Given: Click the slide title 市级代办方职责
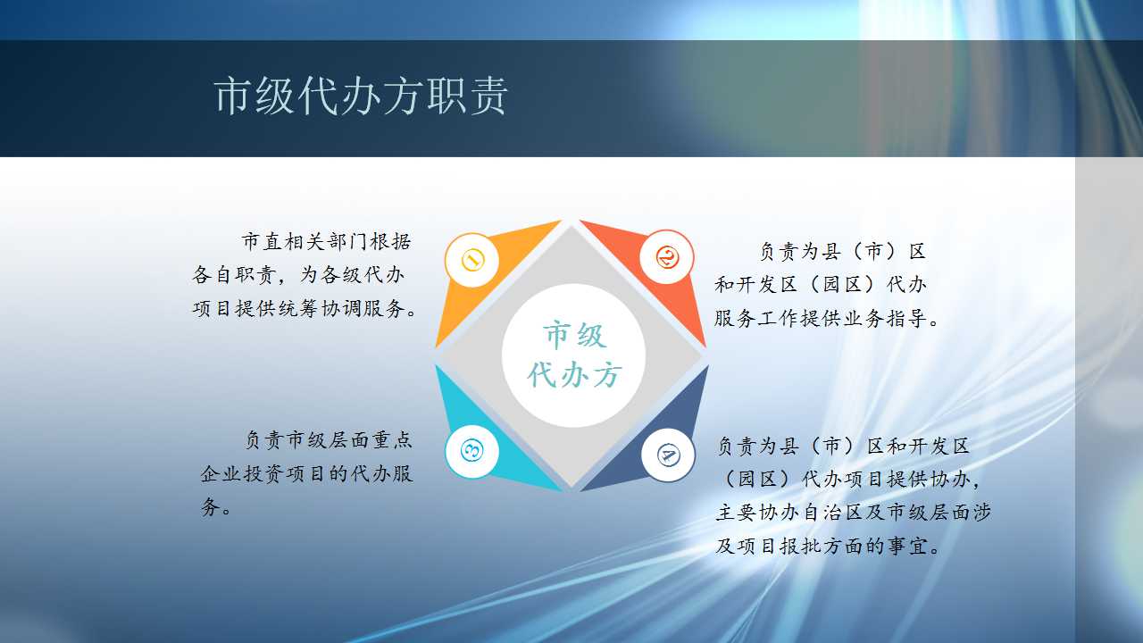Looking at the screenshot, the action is tap(361, 96).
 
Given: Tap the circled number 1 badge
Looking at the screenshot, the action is tap(472, 260).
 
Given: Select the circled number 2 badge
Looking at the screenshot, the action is tap(666, 257).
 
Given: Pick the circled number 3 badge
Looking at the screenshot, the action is tap(472, 451).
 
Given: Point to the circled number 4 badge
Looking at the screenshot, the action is tap(668, 455).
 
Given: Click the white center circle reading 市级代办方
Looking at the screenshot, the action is tap(573, 355).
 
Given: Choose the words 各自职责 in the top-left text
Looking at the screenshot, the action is tap(234, 275).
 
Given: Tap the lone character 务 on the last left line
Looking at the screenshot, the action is tap(210, 508).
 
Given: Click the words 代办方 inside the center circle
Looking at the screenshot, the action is tap(574, 376).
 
